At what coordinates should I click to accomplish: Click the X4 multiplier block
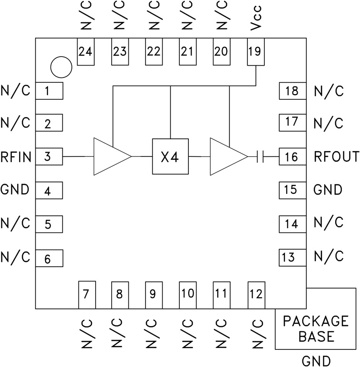[170, 156]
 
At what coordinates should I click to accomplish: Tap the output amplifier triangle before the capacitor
[225, 156]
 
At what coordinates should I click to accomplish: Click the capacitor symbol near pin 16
[259, 156]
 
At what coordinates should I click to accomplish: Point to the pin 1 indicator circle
[61, 68]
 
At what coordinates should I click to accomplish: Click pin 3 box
[49, 156]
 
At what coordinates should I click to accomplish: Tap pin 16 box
[292, 156]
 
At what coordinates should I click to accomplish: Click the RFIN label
[16, 156]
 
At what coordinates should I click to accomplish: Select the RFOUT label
[336, 156]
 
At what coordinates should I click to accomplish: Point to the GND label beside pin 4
[15, 190]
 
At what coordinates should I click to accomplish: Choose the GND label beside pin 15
[328, 190]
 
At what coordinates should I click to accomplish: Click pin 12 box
[256, 294]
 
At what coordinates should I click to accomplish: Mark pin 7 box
[86, 294]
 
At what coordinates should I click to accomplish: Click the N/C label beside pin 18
[329, 91]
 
